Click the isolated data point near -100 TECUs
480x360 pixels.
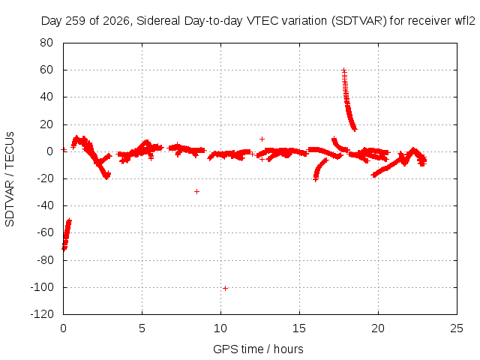coord(225,288)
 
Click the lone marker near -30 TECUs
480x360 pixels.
coord(196,192)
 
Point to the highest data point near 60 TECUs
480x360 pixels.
coord(344,70)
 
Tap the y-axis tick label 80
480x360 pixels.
coord(46,43)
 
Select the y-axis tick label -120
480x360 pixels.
coord(42,314)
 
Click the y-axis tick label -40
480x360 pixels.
coord(45,205)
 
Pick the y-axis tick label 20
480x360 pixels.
coord(46,124)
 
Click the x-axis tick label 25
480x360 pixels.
coord(457,328)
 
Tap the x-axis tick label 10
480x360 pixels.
coord(220,328)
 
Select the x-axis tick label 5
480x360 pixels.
coord(142,328)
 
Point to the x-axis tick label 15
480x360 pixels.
coord(299,328)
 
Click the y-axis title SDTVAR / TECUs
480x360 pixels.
coord(10,179)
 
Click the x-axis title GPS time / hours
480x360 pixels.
coord(258,349)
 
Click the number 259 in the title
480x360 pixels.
coord(75,21)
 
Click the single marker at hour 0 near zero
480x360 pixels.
coord(64,150)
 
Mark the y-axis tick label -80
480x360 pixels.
coord(45,260)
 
